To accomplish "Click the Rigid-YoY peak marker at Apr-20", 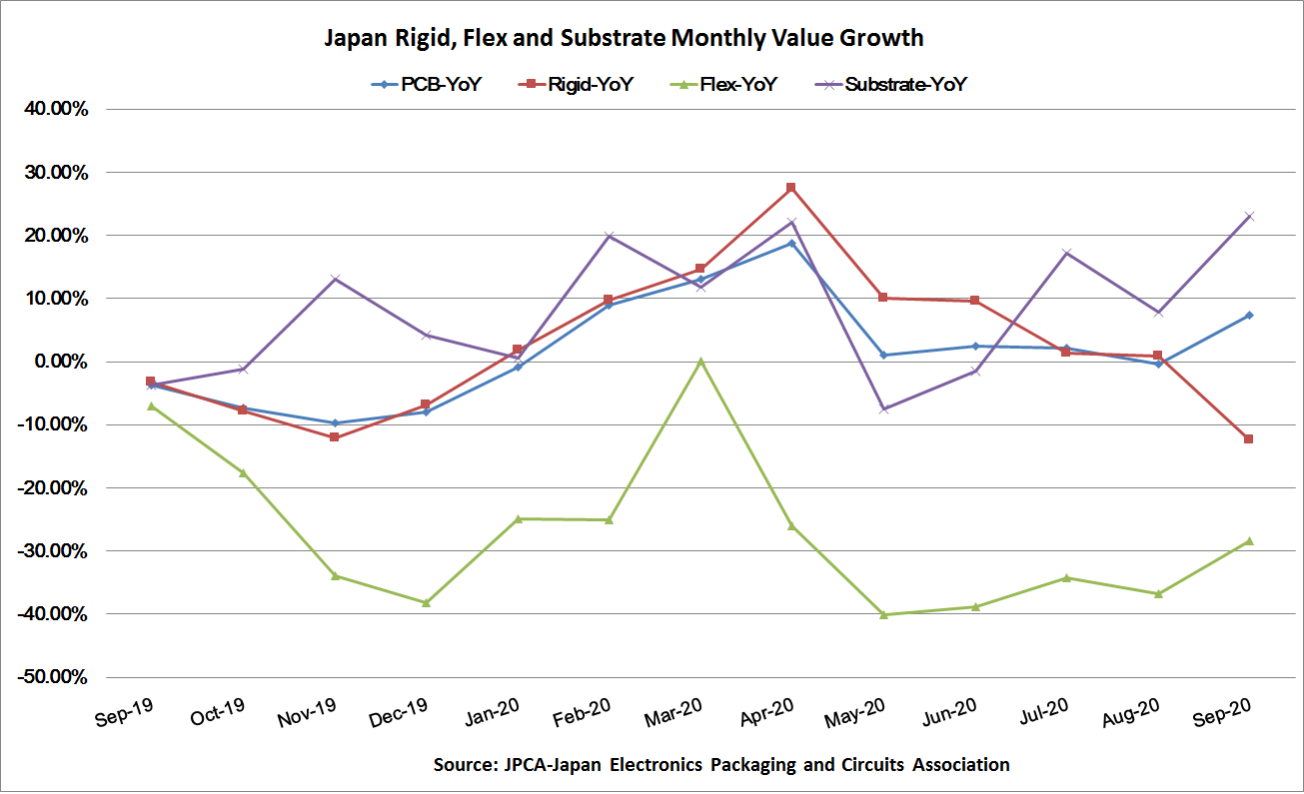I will point(791,188).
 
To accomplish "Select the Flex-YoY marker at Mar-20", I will point(700,362).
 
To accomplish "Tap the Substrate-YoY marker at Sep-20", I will point(1249,216).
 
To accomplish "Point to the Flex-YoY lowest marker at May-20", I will point(883,614).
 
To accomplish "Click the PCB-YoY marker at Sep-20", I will point(1249,316).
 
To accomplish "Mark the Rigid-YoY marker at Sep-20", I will point(1249,439).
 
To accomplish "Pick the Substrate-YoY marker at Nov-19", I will point(335,279).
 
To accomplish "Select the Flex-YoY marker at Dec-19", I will point(426,602).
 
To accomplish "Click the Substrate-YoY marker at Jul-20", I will point(1066,253).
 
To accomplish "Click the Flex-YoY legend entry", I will point(721,85).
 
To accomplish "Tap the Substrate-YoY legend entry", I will point(892,85).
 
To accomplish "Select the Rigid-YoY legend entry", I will point(578,85).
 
